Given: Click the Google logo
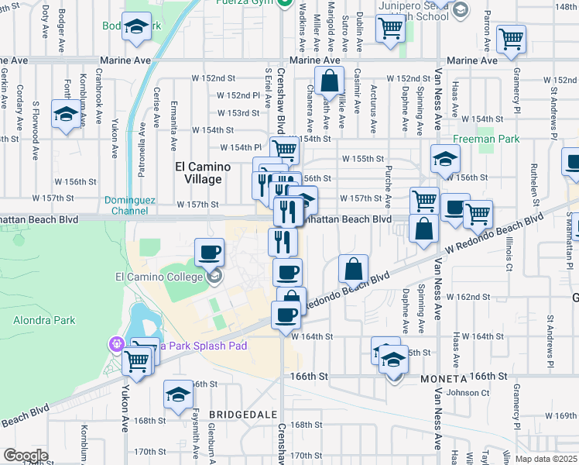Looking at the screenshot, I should pyautogui.click(x=25, y=456).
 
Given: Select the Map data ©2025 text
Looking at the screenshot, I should pyautogui.click(x=546, y=459).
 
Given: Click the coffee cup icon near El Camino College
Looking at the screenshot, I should pyautogui.click(x=209, y=252).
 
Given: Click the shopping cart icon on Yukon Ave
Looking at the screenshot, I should pyautogui.click(x=137, y=360).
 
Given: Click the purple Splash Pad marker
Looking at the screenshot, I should pyautogui.click(x=117, y=343).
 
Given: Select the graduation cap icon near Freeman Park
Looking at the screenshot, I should pyautogui.click(x=445, y=159).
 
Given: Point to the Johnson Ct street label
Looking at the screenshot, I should pyautogui.click(x=468, y=393).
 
